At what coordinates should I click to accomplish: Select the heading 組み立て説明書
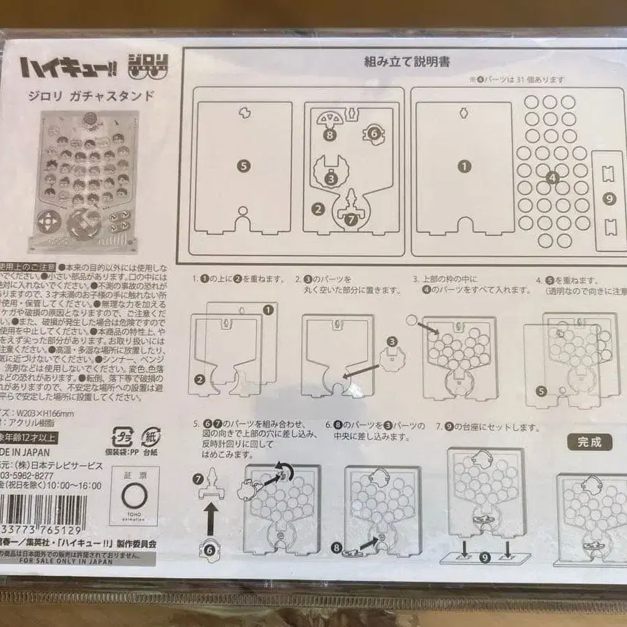[x=407, y=61]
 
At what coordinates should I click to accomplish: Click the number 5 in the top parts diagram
[x=243, y=165]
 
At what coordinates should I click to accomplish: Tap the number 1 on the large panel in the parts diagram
[x=465, y=166]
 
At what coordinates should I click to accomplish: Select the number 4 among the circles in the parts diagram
[x=553, y=177]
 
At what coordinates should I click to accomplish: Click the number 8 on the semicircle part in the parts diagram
[x=329, y=135]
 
